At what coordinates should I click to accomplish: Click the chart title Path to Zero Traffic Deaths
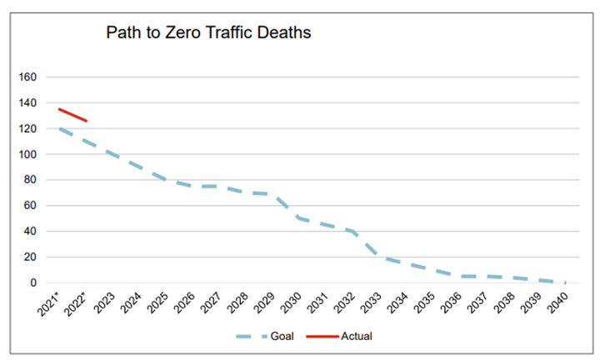207,34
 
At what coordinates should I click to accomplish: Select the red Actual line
72,115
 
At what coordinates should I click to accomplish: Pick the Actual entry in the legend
356,337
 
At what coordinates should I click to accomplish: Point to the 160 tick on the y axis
28,77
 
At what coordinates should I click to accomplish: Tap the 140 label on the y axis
28,103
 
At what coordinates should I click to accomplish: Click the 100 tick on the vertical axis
28,154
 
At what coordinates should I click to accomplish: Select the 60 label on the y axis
31,206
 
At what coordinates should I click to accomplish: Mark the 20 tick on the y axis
31,257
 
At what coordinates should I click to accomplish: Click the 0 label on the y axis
33,283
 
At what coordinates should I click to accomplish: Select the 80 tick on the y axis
31,180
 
